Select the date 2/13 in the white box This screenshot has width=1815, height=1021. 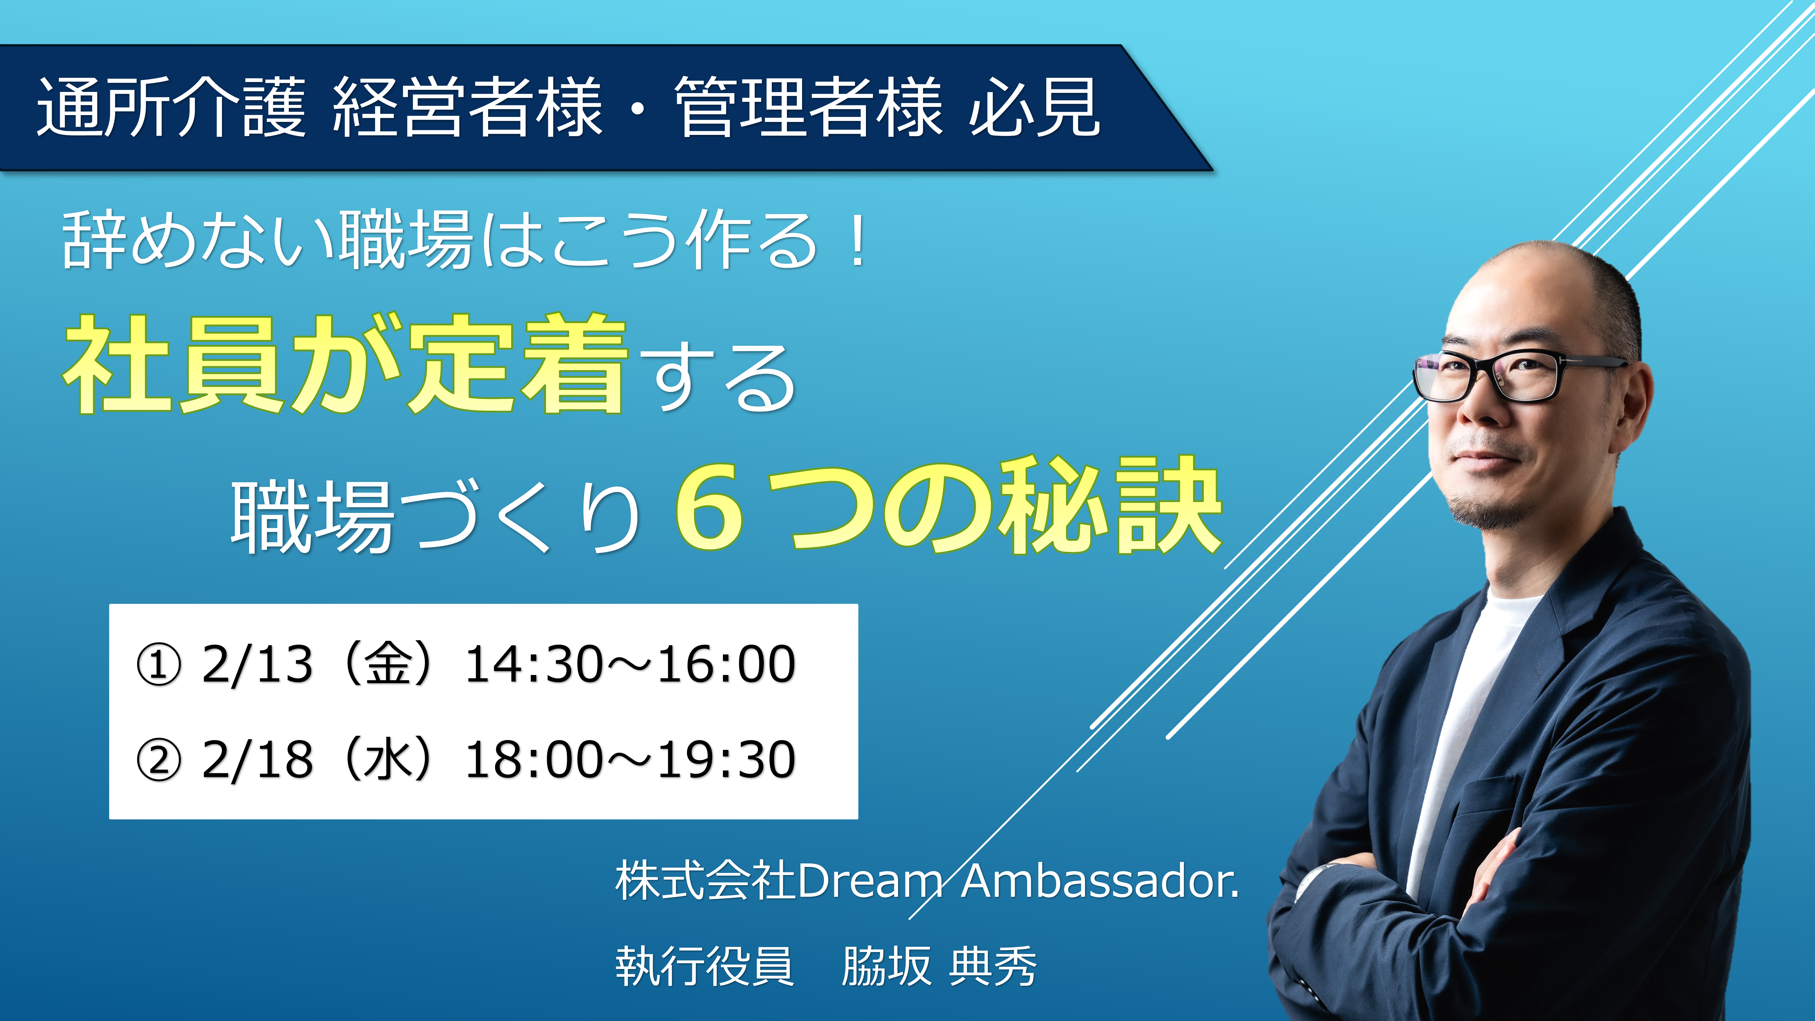(257, 664)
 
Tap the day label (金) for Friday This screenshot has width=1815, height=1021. (388, 664)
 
